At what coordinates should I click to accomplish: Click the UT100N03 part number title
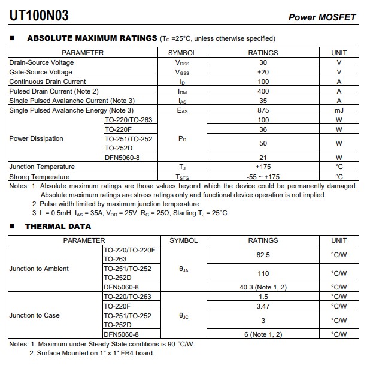[39, 16]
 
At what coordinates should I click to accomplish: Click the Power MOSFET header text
[322, 17]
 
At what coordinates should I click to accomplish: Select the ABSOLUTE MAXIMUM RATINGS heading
[92, 38]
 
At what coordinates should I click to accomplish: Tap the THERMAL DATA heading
[58, 227]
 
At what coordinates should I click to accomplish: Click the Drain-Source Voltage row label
[41, 62]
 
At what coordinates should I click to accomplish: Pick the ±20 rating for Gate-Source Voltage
[263, 72]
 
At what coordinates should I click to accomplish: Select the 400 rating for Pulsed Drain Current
[263, 91]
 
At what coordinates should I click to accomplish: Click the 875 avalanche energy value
[263, 110]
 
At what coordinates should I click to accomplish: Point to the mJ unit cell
[339, 110]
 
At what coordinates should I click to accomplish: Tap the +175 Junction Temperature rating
[263, 167]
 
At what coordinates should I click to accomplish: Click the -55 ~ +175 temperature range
[263, 177]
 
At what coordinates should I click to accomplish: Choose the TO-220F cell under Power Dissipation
[118, 129]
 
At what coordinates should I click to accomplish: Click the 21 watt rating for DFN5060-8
[263, 158]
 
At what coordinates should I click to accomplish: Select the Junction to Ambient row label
[39, 269]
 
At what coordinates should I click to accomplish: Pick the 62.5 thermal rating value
[263, 255]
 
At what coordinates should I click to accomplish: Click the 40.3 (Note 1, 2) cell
[263, 287]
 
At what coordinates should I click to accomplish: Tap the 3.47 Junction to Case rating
[263, 306]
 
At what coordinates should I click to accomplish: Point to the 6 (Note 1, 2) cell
[263, 334]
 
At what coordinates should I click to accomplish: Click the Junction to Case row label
[34, 315]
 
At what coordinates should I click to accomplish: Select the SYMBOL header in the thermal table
[183, 240]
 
